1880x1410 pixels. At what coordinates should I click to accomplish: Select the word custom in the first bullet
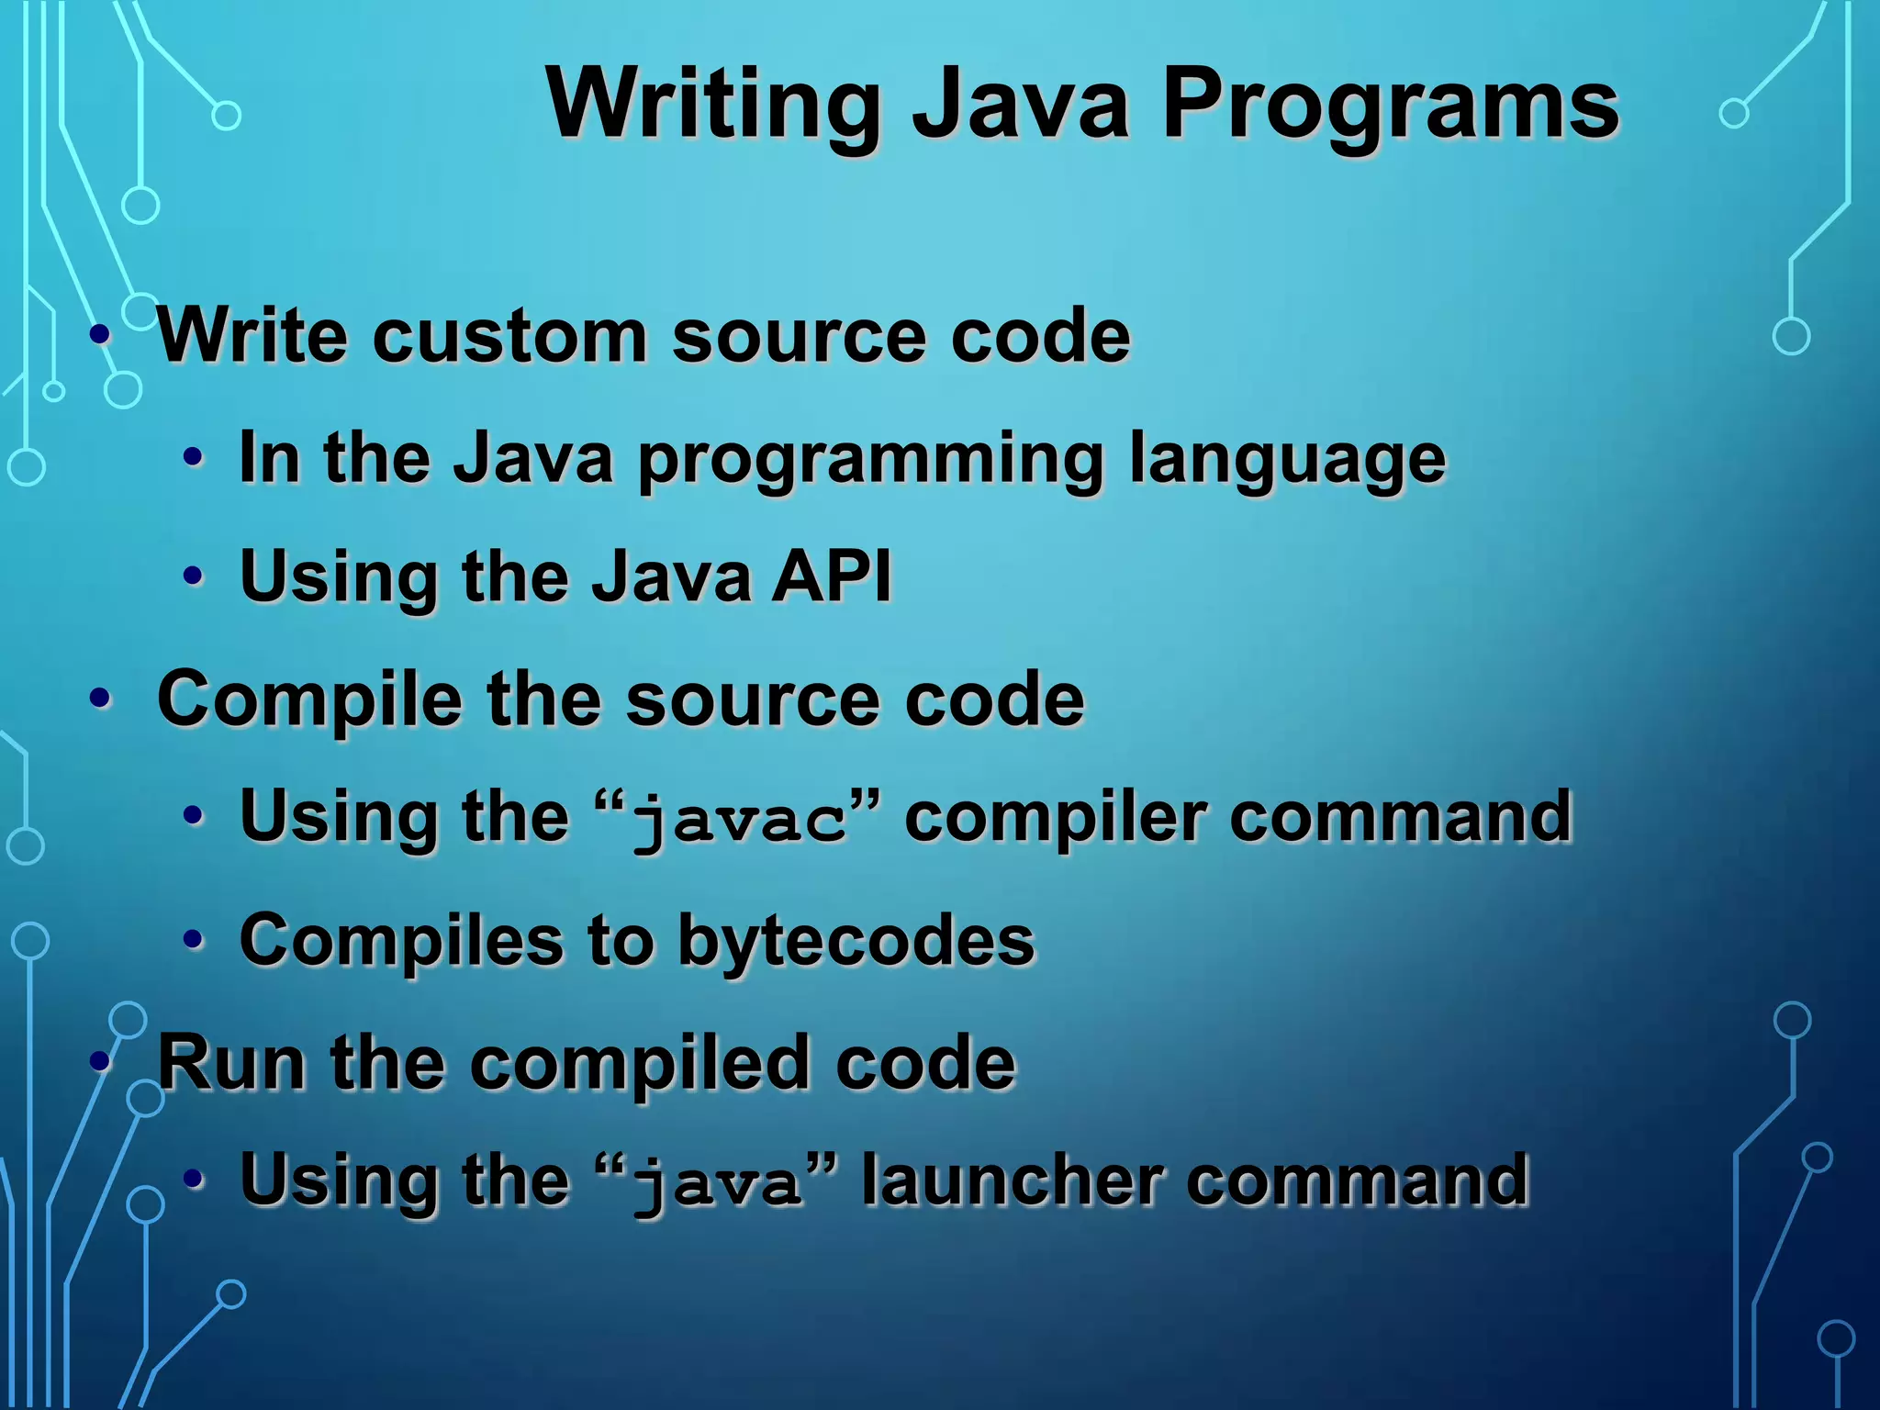click(x=509, y=335)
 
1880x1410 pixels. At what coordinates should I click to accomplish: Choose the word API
click(x=832, y=576)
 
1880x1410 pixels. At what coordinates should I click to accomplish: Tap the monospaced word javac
click(x=740, y=819)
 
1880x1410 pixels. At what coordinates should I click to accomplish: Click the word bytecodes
click(x=856, y=940)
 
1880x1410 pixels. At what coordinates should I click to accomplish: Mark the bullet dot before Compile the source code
click(x=100, y=699)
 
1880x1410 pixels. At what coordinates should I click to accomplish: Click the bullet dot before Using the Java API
click(x=193, y=576)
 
